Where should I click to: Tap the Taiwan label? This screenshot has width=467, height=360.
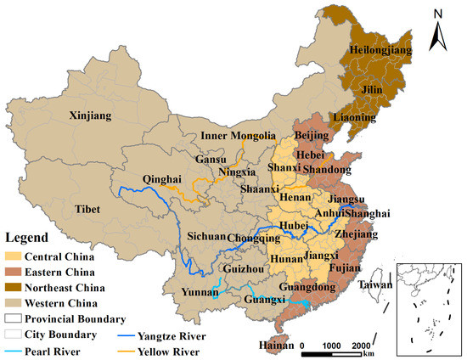point(374,286)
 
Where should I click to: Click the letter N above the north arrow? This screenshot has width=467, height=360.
point(436,14)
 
